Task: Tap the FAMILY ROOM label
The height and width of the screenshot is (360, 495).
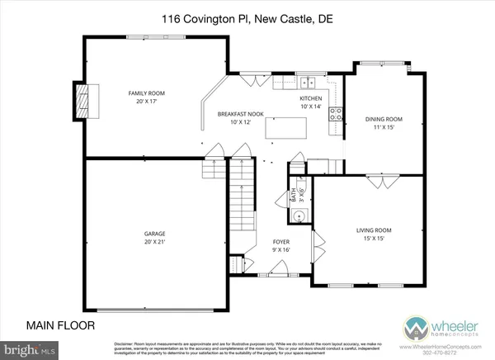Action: click(144, 93)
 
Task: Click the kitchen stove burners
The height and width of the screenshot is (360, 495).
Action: click(336, 115)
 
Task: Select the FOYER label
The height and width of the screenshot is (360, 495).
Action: click(281, 241)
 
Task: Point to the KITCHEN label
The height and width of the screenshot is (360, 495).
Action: click(310, 97)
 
